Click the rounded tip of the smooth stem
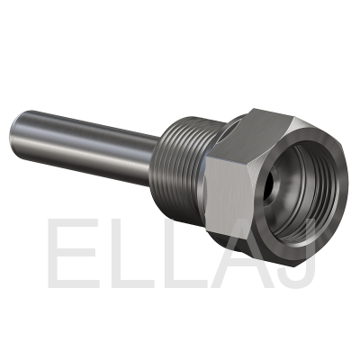(14, 134)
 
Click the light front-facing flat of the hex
(227, 195)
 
